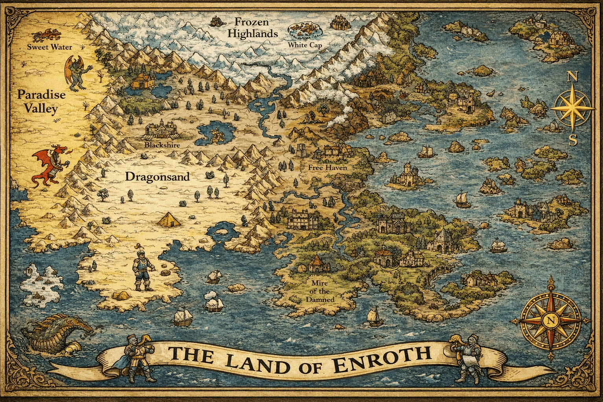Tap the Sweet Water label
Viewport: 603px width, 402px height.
coord(49,47)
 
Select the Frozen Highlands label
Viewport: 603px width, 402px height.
coord(252,28)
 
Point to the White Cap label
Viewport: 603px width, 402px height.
coord(305,45)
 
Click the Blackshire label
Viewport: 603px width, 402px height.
coord(162,145)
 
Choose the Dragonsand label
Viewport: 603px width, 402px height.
coord(157,177)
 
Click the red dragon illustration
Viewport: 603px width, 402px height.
coord(49,165)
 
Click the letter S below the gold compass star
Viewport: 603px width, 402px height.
coord(573,140)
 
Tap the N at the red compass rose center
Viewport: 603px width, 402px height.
coord(550,320)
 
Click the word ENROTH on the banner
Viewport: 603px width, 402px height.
coord(381,355)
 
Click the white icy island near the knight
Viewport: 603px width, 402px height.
coord(41,284)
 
